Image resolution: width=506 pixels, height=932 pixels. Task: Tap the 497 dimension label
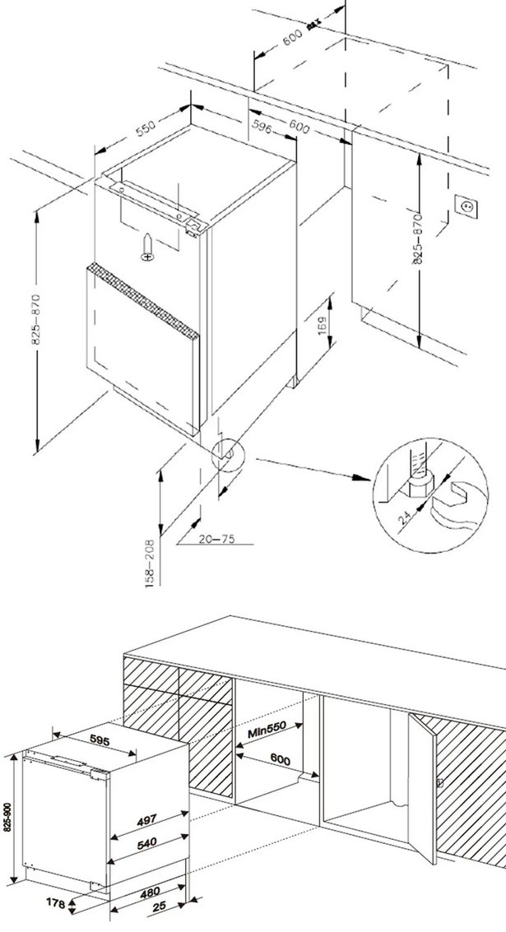(147, 821)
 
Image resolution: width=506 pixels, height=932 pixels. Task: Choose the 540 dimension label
(147, 842)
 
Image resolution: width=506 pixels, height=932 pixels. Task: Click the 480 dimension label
(149, 892)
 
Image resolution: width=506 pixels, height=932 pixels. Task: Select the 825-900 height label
(8, 810)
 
